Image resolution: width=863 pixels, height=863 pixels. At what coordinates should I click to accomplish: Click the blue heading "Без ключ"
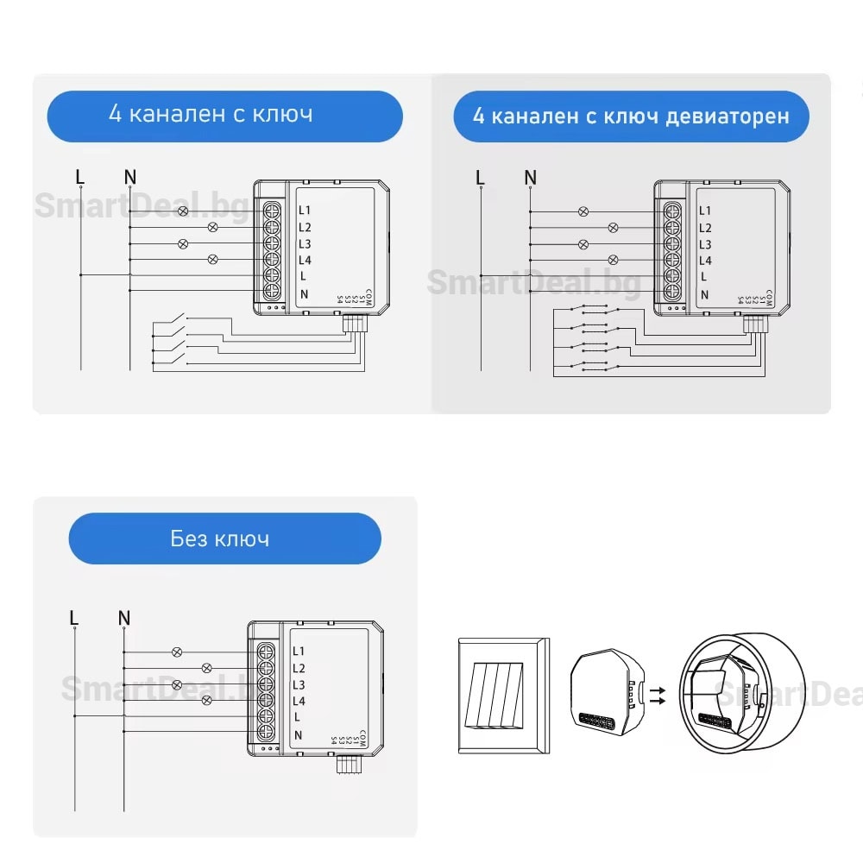coord(224,539)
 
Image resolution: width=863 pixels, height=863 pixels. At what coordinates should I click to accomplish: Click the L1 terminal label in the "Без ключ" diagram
coord(299,652)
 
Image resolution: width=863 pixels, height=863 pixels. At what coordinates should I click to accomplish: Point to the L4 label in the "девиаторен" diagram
coord(705,261)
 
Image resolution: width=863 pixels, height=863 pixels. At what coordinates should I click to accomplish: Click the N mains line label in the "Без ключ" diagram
coord(124,618)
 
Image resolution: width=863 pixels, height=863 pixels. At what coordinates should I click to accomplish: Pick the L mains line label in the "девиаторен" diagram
coord(481,178)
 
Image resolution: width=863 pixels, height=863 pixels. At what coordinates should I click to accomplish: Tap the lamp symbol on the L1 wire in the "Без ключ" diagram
coord(178,652)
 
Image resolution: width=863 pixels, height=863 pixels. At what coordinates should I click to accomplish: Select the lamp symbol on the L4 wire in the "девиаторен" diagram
coord(614,260)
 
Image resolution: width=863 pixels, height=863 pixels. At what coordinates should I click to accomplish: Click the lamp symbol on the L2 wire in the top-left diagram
coord(213,227)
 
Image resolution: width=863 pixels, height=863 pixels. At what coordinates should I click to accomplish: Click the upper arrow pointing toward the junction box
coord(658,690)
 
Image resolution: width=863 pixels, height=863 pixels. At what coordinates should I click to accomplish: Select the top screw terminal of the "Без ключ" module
coord(267,651)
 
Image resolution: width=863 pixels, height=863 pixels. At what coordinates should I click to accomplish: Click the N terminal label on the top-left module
coord(304,293)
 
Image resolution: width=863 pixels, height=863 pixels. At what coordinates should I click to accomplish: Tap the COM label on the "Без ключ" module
coord(363,739)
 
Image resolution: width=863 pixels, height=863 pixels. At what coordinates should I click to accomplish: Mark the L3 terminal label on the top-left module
coord(305,243)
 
